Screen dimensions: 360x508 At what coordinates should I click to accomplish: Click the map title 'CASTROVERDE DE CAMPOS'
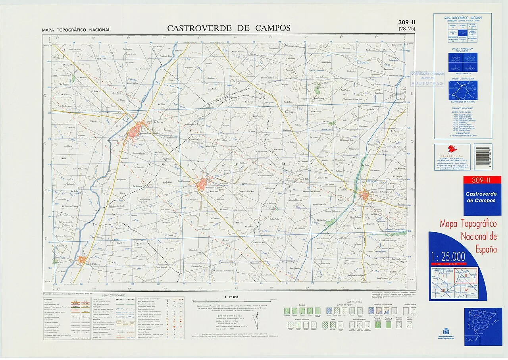pos(229,28)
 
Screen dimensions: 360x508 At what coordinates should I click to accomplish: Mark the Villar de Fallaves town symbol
pos(83,260)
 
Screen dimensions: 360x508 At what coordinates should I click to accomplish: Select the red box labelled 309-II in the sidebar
pos(482,181)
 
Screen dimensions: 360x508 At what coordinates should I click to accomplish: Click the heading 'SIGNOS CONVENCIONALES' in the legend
pos(114,296)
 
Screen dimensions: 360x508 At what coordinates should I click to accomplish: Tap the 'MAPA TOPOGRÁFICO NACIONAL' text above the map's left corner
pos(76,30)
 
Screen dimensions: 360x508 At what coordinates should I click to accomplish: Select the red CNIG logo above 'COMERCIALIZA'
pos(452,149)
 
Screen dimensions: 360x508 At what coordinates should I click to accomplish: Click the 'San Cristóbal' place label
pos(82,77)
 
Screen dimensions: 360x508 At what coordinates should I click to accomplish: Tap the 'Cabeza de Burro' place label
pos(74,49)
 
